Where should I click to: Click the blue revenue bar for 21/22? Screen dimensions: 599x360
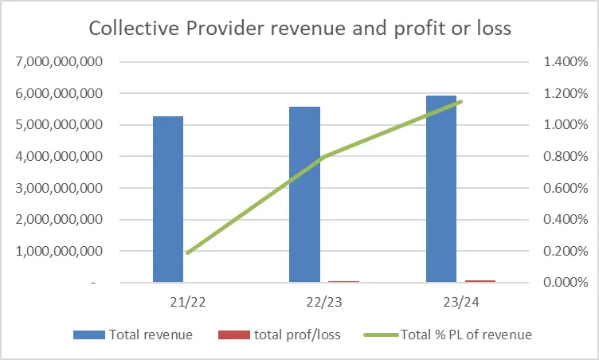click(168, 199)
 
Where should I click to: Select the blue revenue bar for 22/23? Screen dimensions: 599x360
click(304, 194)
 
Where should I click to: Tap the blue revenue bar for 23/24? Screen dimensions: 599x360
click(441, 189)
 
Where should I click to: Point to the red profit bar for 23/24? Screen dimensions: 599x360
click(480, 281)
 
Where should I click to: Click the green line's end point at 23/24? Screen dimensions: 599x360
click(460, 102)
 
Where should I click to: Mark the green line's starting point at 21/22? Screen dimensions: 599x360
click(187, 252)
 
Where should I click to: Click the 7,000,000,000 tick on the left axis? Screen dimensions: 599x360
click(59, 61)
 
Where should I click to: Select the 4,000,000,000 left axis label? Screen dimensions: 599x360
click(59, 156)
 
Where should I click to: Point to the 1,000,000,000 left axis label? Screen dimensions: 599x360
click(59, 251)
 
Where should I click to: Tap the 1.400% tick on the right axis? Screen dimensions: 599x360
click(566, 61)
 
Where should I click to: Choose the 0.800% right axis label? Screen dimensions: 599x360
click(566, 156)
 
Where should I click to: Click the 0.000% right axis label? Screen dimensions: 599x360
click(566, 283)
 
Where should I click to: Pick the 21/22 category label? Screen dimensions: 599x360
click(187, 303)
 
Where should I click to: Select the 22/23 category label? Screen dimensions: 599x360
click(324, 303)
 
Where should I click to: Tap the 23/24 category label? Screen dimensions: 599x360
click(461, 303)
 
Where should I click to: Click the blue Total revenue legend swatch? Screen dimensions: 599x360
click(89, 335)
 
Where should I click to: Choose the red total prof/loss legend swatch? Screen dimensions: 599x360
click(234, 335)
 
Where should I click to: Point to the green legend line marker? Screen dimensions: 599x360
click(381, 335)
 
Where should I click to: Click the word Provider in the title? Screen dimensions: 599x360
click(225, 29)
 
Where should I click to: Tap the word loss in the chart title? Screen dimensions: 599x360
click(495, 29)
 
